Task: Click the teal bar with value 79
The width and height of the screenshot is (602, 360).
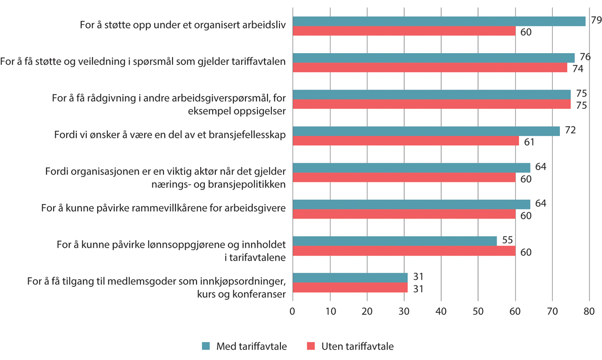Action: coord(439,21)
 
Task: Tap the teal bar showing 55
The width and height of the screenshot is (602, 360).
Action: coord(394,241)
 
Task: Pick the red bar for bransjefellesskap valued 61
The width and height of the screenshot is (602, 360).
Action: coord(405,141)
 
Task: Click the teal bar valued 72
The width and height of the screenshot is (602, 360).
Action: coord(426,131)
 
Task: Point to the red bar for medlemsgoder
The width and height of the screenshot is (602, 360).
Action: coord(350,287)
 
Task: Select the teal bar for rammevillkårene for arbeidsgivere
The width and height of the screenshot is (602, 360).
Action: coord(411,204)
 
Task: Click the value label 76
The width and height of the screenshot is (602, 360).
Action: coord(584,57)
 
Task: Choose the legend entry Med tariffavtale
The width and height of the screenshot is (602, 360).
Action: coord(251,346)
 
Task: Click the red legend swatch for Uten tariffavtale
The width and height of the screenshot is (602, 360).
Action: coord(311,346)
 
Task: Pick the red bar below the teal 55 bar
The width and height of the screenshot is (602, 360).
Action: coord(404,251)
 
